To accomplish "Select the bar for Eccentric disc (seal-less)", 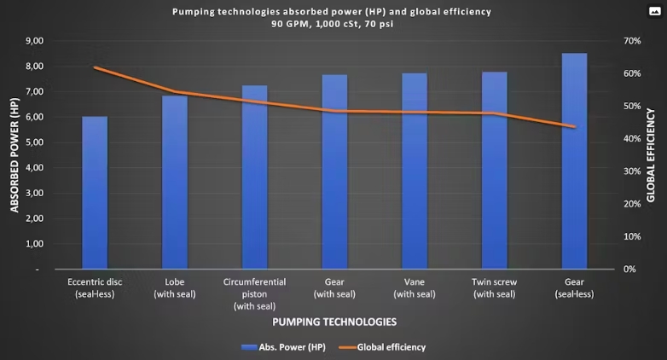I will point(94,196).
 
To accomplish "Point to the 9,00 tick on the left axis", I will point(35,41).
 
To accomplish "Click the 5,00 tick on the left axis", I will point(35,142).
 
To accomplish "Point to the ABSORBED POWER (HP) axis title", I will point(14,155).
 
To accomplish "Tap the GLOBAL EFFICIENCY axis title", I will point(651,155).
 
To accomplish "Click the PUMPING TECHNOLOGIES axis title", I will point(333,322).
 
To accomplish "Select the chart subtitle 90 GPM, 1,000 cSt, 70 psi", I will point(333,24).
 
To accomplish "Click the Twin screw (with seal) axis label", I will point(495,287).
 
